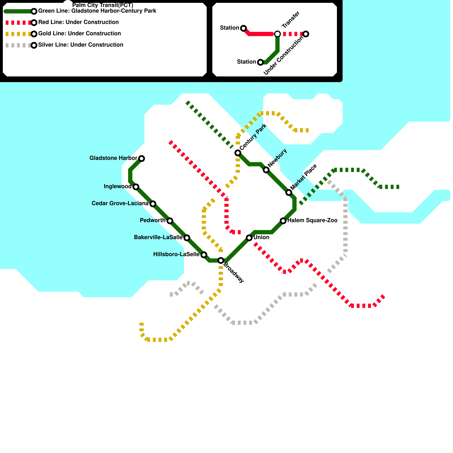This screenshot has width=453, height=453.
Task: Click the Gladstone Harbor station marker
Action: click(x=142, y=158)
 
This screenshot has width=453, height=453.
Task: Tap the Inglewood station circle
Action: click(x=136, y=187)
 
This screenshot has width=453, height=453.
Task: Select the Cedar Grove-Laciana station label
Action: click(x=120, y=204)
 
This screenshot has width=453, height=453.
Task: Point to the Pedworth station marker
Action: click(x=170, y=221)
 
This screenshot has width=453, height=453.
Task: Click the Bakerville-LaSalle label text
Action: click(x=158, y=237)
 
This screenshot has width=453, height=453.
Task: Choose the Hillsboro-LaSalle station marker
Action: click(x=204, y=255)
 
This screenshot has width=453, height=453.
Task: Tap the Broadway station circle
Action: click(x=221, y=260)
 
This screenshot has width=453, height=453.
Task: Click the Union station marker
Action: click(x=249, y=238)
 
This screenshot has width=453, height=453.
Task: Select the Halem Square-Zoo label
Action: click(x=312, y=220)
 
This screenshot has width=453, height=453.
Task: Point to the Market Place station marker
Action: click(x=289, y=193)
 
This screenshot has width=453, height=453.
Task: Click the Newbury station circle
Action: click(x=266, y=170)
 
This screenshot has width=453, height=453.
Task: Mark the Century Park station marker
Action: click(x=238, y=153)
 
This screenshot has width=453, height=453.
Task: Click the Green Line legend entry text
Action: click(x=97, y=11)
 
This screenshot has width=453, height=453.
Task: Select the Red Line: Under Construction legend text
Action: click(x=78, y=22)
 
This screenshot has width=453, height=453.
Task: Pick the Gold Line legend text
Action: click(x=80, y=33)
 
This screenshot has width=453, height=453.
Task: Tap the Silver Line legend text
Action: click(x=81, y=45)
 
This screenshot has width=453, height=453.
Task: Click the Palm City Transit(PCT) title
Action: click(x=103, y=5)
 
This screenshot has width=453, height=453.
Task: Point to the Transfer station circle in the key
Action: click(x=277, y=34)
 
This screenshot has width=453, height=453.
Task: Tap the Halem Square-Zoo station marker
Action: click(x=283, y=221)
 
